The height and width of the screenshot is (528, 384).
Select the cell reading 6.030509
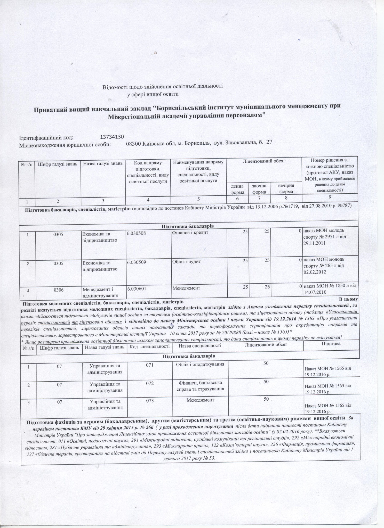coord(137,262)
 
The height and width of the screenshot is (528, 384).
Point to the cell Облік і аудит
coord(187,262)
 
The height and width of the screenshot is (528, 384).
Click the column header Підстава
coord(331,344)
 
